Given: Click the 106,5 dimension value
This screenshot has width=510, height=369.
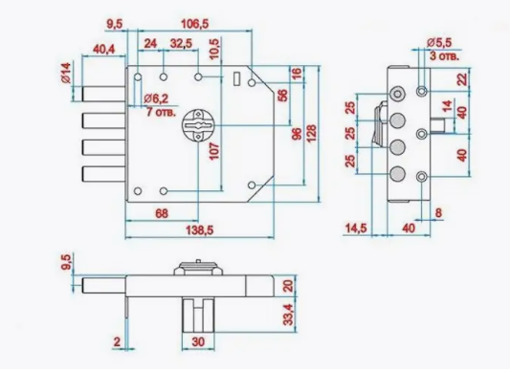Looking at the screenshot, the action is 194,24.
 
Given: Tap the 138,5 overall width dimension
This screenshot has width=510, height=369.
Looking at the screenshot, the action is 199,230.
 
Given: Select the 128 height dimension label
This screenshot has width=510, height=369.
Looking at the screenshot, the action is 311,133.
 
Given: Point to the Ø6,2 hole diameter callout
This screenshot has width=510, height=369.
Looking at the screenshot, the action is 156,98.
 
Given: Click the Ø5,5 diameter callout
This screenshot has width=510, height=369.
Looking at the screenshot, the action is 439,43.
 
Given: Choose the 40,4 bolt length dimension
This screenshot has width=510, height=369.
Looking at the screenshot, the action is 103,50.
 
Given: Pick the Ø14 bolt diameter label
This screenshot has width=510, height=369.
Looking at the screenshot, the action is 66,73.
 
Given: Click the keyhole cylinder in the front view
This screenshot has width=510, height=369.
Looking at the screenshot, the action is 198,125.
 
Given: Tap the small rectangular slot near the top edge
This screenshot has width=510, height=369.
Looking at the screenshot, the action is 237,78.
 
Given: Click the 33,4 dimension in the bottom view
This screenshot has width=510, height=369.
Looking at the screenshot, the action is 288,315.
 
